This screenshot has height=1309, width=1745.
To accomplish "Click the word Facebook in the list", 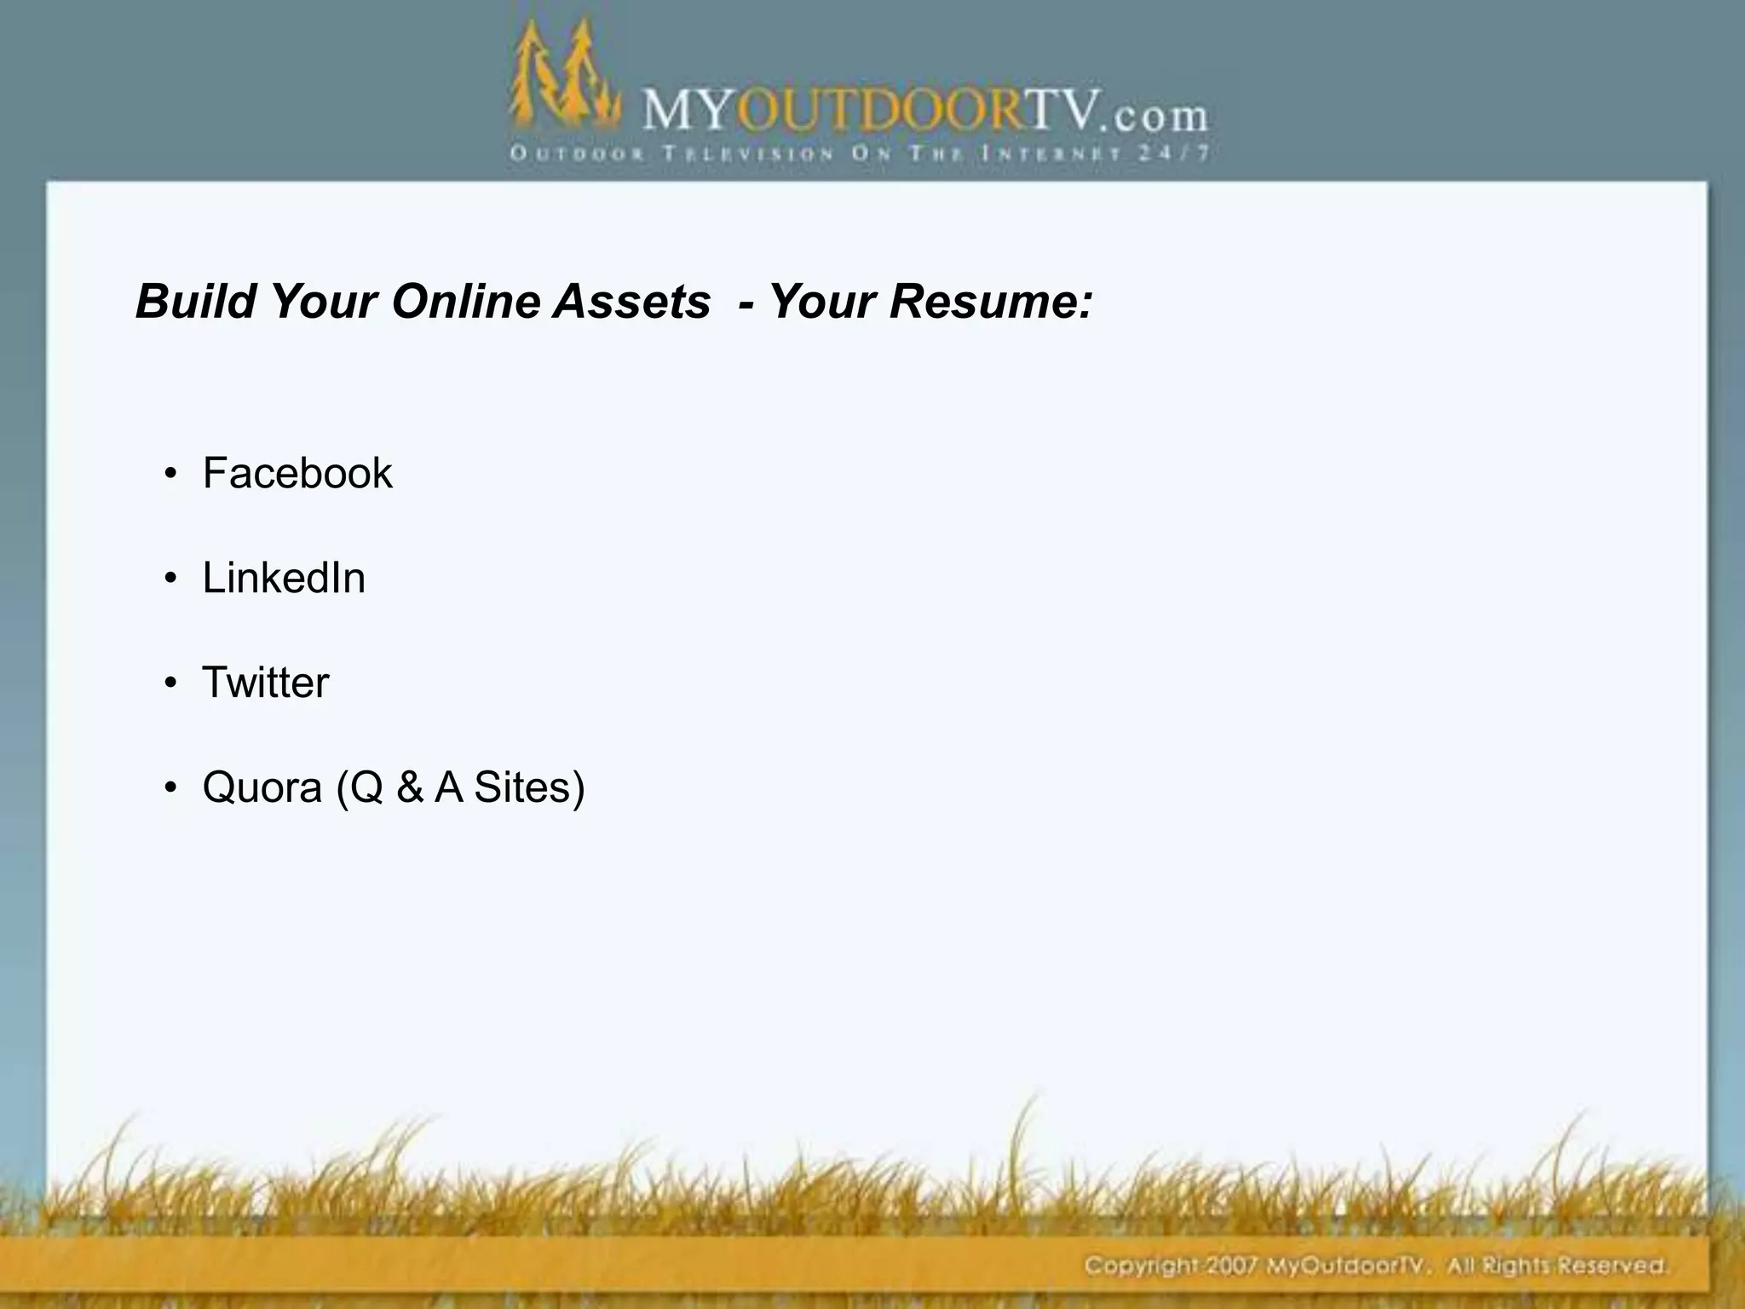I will tap(297, 473).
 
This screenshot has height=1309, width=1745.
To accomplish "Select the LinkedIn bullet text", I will tap(284, 578).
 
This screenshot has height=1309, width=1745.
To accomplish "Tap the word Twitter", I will tap(265, 683).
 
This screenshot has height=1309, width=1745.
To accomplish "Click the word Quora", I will tap(262, 787).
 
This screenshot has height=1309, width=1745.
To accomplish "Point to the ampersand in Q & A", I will tap(410, 787).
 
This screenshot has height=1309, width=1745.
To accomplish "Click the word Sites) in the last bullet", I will tap(529, 787).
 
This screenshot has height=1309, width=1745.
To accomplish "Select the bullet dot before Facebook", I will tap(171, 475).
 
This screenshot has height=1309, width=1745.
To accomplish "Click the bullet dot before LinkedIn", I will tap(171, 580).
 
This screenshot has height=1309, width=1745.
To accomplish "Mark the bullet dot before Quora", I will tap(171, 788).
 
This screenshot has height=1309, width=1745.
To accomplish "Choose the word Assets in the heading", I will tap(631, 301).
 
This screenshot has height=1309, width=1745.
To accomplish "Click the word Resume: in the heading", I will tap(991, 301).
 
